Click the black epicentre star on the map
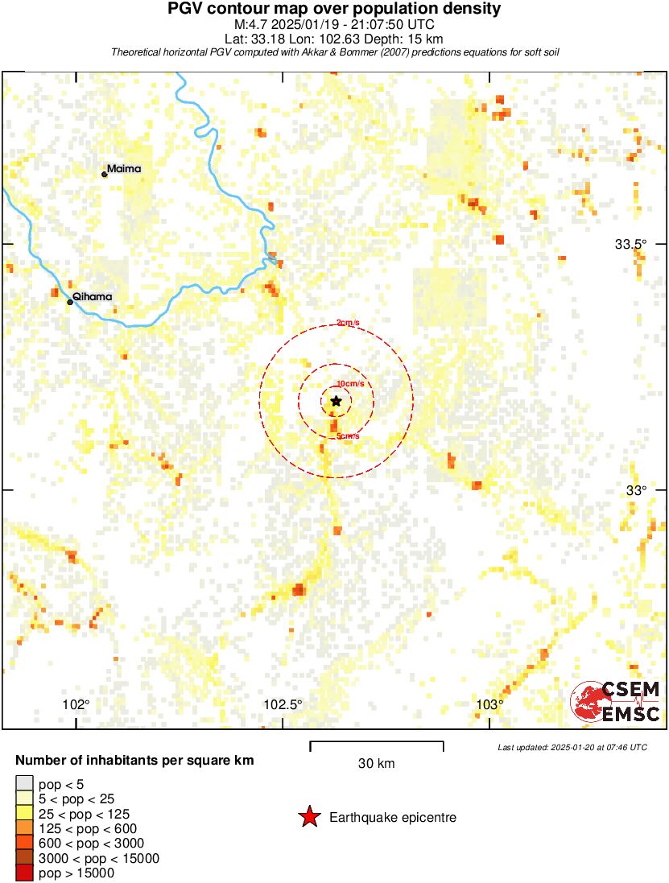336,401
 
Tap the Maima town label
124,169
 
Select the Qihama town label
92,297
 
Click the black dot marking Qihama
70,302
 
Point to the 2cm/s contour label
348,323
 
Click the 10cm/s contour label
350,384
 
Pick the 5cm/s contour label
348,436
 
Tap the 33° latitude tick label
637,490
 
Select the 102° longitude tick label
76,705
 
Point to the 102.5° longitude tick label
283,705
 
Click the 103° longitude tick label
489,705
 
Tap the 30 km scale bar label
376,763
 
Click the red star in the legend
309,818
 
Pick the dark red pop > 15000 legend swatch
24,873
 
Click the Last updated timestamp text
572,747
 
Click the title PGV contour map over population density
334,9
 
